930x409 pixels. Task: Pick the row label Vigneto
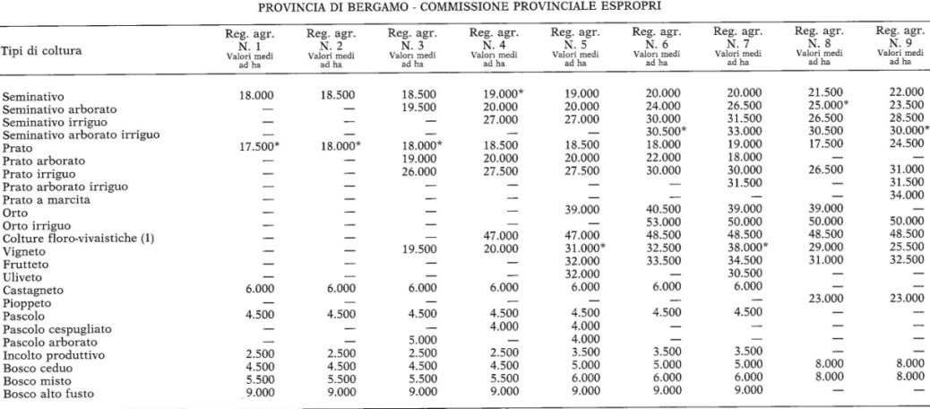[25, 254]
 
